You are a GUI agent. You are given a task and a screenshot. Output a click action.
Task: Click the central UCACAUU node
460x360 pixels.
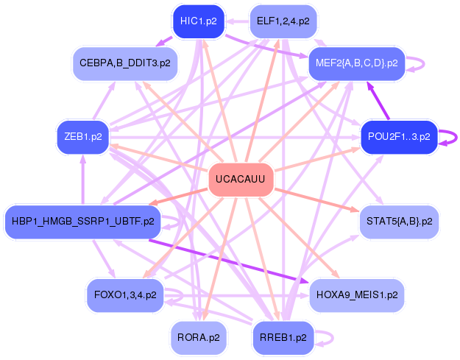click(x=241, y=180)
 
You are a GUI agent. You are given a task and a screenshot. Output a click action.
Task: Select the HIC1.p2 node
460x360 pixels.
click(x=199, y=21)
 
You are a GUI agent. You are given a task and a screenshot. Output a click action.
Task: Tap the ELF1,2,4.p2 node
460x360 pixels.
click(x=283, y=21)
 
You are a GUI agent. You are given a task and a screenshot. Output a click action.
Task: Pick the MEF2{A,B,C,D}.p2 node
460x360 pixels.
click(x=357, y=63)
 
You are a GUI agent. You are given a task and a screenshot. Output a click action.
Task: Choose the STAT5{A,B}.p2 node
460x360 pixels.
click(x=398, y=221)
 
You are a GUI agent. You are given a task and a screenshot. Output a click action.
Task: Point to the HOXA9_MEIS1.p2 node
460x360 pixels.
click(x=356, y=294)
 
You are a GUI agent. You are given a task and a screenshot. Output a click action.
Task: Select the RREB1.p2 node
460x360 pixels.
click(x=283, y=337)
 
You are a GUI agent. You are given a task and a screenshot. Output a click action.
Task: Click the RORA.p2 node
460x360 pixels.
click(x=198, y=337)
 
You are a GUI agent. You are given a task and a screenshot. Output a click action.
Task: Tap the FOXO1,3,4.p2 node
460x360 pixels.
click(x=125, y=294)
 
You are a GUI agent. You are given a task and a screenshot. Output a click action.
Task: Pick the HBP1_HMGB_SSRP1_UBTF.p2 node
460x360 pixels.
click(x=83, y=220)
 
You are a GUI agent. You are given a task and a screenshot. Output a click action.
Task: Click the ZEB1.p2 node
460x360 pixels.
click(x=83, y=137)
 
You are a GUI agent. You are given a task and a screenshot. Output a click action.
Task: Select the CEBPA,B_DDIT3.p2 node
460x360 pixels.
click(x=125, y=63)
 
